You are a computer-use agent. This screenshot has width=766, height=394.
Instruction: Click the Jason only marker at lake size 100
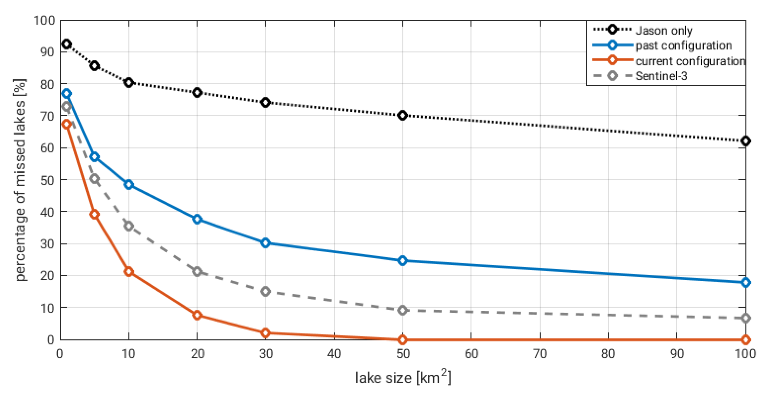click(746, 141)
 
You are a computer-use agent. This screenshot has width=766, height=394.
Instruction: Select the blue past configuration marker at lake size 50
click(403, 261)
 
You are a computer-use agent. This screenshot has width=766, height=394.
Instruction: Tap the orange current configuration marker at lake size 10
click(129, 272)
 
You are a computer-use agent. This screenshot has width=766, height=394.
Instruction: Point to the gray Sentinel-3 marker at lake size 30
click(265, 291)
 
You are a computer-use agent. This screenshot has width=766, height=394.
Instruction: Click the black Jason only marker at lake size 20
click(197, 92)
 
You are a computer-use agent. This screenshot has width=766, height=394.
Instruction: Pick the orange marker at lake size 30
click(265, 333)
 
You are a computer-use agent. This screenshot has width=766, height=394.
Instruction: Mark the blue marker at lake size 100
click(746, 282)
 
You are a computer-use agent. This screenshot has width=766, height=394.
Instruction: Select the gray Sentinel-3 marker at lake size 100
click(746, 318)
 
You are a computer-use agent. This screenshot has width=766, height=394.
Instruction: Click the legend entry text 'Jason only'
click(664, 30)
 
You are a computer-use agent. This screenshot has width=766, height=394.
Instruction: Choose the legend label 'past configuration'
click(683, 45)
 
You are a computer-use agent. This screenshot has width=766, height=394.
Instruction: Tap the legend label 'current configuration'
click(690, 61)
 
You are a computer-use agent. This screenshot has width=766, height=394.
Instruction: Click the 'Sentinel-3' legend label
click(661, 76)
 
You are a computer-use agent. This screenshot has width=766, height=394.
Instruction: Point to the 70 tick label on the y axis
click(47, 116)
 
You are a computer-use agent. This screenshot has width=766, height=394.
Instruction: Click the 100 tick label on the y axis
click(45, 20)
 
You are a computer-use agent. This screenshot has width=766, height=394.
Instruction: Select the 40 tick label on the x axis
click(334, 354)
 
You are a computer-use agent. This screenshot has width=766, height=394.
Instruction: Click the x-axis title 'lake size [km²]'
click(403, 378)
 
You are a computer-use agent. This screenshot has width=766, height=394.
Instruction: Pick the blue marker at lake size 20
click(197, 219)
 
